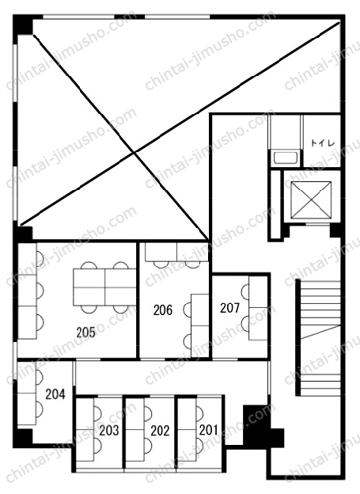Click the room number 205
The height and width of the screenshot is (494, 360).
(x=85, y=332)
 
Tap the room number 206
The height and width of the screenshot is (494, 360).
(x=163, y=310)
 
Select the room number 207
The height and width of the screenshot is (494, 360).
(x=230, y=308)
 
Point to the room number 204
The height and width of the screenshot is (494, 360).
(x=55, y=394)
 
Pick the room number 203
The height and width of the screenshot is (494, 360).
(x=109, y=431)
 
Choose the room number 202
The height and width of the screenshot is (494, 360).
(x=160, y=431)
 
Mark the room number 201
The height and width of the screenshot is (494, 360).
(x=209, y=430)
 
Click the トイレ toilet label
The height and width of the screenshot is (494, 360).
(x=323, y=143)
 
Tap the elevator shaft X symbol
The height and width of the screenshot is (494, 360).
(x=311, y=199)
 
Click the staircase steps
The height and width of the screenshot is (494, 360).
(x=320, y=338)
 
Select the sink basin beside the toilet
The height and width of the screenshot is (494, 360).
(x=286, y=158)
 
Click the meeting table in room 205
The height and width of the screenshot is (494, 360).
(x=104, y=287)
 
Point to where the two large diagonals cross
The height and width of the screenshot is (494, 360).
(x=135, y=153)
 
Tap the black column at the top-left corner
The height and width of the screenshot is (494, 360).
(x=23, y=25)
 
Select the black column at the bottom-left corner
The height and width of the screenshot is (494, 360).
(x=23, y=438)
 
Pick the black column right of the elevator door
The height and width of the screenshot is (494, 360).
(x=335, y=230)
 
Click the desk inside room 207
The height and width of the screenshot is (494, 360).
(x=258, y=308)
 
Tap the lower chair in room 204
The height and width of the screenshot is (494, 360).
(x=40, y=408)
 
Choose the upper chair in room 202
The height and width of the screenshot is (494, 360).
(x=148, y=413)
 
